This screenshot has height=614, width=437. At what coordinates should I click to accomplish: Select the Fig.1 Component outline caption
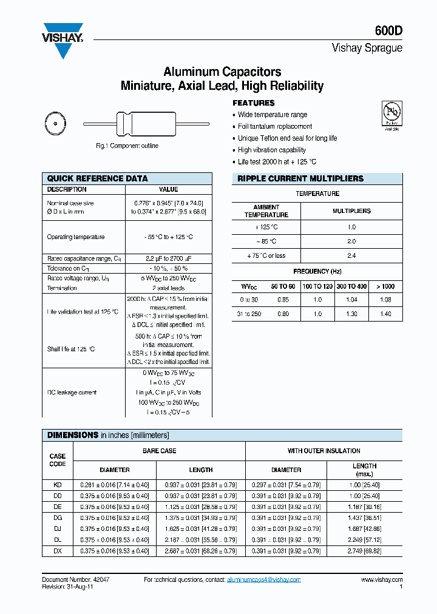tap(127, 146)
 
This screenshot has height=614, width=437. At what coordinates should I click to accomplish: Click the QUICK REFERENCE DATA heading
tap(97, 178)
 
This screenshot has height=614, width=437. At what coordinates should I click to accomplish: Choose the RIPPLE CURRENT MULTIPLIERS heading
tap(300, 178)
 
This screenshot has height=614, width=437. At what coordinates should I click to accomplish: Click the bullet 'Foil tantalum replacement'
tap(274, 126)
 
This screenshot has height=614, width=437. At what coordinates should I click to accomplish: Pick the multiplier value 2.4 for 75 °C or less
tap(351, 255)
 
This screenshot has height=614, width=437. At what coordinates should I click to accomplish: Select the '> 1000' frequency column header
tap(385, 286)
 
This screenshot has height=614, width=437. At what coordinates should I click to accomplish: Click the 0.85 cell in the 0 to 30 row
tap(283, 300)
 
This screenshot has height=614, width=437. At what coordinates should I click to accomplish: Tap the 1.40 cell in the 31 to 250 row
tap(385, 314)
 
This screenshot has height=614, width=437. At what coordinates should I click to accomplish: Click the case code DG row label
tap(58, 518)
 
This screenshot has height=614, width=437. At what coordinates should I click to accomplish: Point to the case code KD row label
tap(58, 485)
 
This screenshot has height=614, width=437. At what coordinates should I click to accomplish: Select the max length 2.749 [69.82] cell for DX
tap(364, 551)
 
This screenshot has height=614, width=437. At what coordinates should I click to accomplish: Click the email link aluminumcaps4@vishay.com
tap(263, 580)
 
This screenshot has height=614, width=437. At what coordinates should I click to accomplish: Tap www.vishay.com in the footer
tap(381, 580)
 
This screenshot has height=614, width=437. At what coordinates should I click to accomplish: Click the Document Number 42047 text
tap(76, 580)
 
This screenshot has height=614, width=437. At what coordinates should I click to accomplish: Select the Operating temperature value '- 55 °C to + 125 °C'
tap(169, 237)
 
